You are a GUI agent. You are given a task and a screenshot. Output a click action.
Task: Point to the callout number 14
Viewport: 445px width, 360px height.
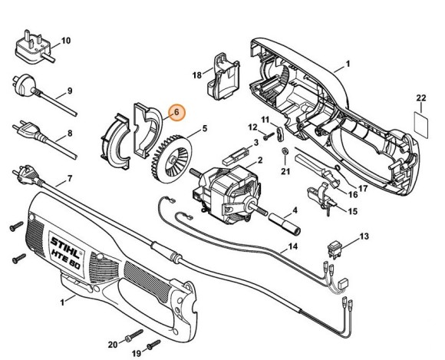292,247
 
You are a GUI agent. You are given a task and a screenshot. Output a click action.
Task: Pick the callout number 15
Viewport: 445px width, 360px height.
353,211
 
